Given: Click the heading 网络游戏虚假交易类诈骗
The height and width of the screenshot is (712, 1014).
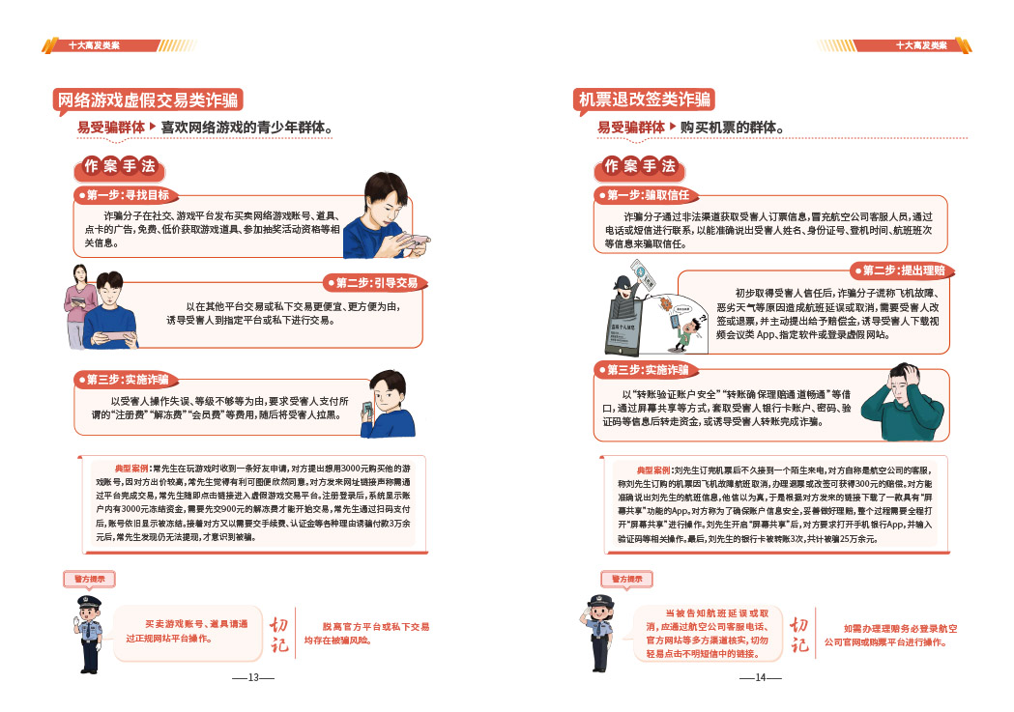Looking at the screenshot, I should click(x=147, y=100).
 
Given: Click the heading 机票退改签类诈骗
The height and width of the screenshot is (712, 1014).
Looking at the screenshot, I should click(x=644, y=100).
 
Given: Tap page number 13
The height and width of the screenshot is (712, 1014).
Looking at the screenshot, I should click(x=253, y=677).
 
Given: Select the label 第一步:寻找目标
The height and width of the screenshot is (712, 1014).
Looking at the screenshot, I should click(x=128, y=195).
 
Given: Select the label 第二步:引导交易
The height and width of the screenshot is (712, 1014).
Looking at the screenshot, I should click(x=377, y=283).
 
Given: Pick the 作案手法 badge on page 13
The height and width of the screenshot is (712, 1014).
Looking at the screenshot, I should click(x=119, y=165).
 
